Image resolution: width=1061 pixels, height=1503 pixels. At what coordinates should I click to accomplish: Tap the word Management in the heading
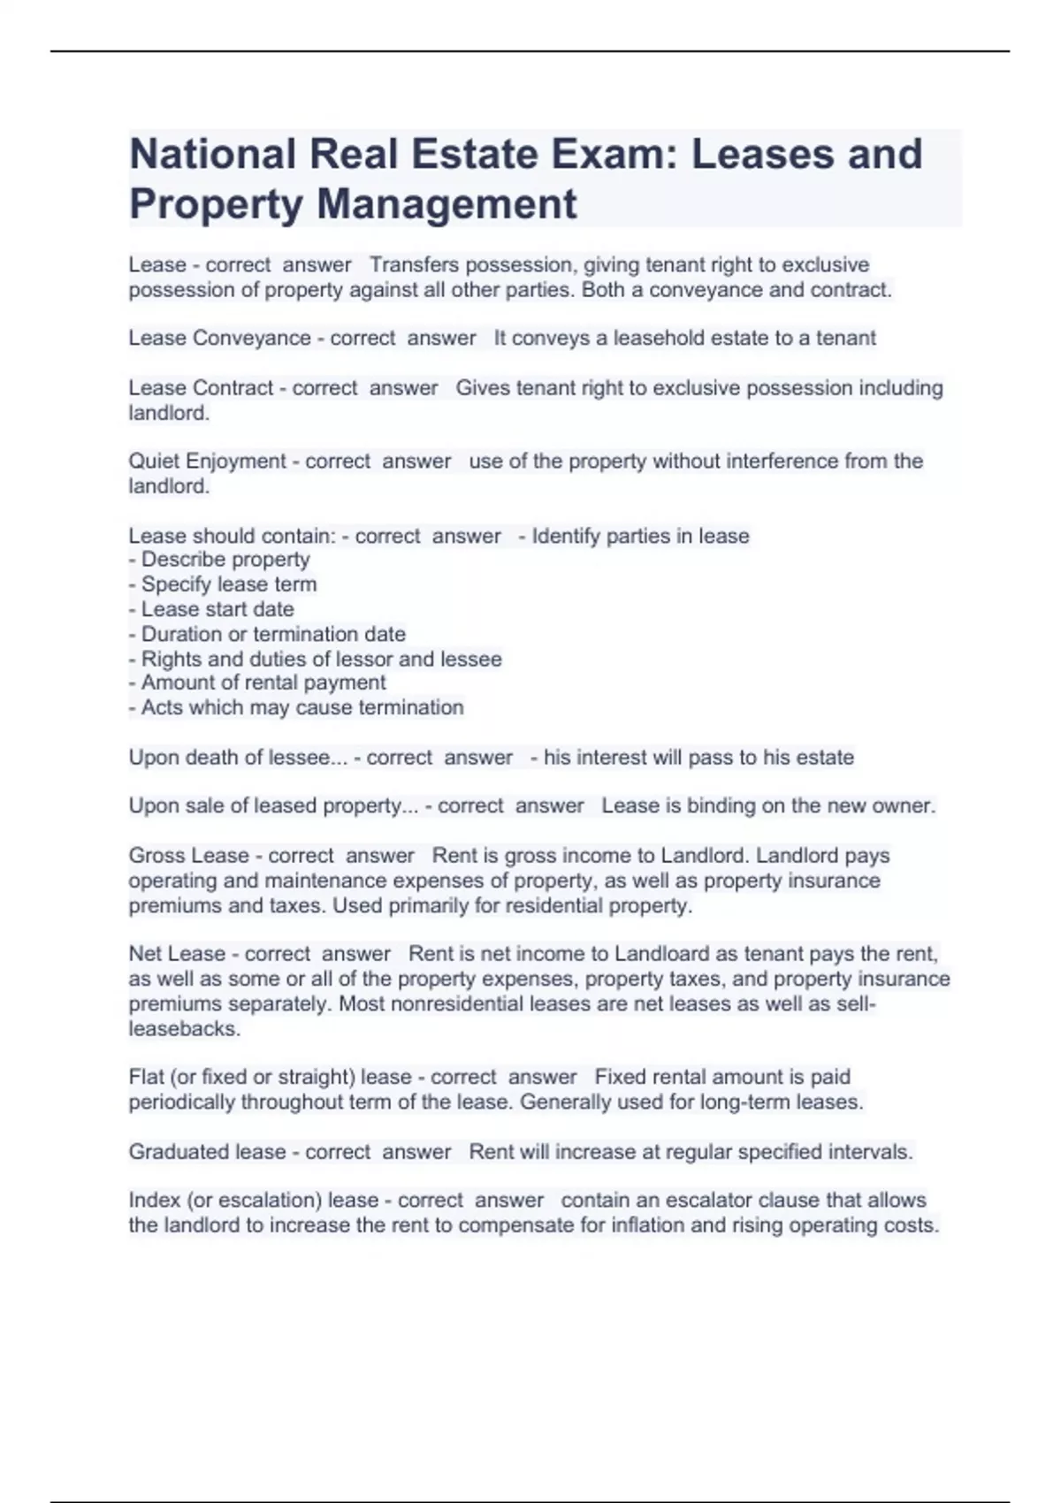(x=447, y=203)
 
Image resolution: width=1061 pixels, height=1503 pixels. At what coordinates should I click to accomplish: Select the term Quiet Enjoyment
(x=207, y=462)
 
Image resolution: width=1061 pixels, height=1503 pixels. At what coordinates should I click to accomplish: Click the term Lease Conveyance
(x=219, y=338)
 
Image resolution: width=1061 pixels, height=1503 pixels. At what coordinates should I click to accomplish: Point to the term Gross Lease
(x=188, y=856)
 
